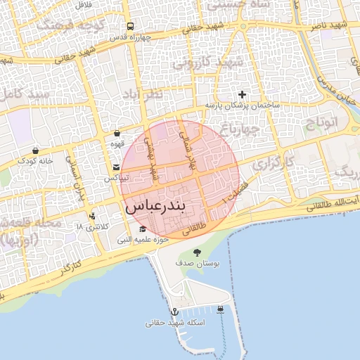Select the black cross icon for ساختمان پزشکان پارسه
click(243, 94)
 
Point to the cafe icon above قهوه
click(117, 133)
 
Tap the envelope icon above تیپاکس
click(115, 167)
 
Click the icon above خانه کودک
click(35, 150)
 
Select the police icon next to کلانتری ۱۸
click(91, 216)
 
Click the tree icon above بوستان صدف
click(197, 252)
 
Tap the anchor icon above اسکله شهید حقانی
click(174, 311)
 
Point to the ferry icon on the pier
click(221, 309)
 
